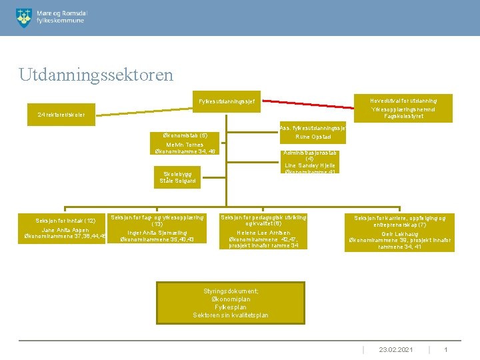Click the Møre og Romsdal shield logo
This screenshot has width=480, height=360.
point(23,17)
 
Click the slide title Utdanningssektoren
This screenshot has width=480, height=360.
point(96,73)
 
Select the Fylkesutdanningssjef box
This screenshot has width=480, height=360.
point(226,101)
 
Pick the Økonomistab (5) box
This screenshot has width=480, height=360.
point(185,135)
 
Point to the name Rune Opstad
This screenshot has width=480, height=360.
point(310,137)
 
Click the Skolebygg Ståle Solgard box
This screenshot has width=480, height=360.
point(178,177)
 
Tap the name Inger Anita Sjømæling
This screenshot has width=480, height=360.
point(157,233)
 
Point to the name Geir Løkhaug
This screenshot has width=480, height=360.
point(399,234)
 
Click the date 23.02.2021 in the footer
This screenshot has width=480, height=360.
point(396,349)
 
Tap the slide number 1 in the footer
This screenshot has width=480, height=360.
point(446,349)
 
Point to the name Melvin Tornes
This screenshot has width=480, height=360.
point(185,145)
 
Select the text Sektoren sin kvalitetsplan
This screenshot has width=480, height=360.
point(231,315)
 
